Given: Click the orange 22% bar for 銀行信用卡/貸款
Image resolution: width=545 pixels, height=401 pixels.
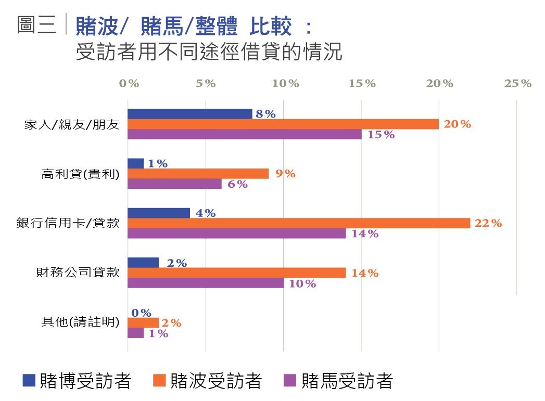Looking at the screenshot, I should point(299,223).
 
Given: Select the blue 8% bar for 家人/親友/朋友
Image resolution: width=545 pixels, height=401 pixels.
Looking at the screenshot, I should point(190,114).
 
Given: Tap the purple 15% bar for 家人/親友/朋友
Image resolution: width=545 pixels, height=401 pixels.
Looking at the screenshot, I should point(245,134).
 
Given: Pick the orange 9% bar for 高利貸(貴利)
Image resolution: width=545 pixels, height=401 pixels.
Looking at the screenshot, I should point(198,174).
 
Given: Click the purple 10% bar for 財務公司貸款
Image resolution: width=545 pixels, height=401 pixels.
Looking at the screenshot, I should point(206,283).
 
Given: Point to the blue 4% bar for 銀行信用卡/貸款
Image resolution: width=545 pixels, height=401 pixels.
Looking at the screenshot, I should point(159,213).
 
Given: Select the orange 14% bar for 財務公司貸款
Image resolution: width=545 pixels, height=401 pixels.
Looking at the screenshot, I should point(237,273).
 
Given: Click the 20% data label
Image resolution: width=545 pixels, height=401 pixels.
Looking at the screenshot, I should point(457,124).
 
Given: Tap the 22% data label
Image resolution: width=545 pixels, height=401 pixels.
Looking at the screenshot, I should point(488,223).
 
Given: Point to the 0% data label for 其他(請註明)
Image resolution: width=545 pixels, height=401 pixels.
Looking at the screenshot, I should point(141,313).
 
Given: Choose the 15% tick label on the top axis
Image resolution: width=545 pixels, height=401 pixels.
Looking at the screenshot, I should point(362,84).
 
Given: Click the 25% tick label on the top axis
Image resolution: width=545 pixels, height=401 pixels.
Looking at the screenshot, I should point(518,84).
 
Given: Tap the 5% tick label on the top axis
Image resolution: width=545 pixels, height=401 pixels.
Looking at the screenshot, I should point(206,84).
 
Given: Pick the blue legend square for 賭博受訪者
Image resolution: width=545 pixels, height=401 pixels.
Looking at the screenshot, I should point(29,381).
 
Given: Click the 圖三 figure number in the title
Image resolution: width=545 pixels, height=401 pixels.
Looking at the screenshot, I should point(36,24).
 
